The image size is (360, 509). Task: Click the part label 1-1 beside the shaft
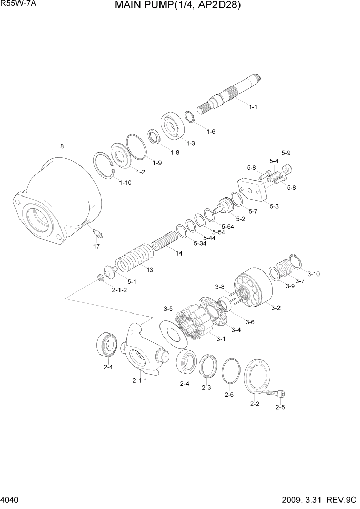coord(253,107)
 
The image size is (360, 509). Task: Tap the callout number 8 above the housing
coord(62,146)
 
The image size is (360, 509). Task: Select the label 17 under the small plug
coord(96,247)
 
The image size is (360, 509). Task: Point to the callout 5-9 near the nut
coord(286,153)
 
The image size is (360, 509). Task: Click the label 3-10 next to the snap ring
coord(313,274)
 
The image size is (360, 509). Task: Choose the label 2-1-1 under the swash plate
coord(139,381)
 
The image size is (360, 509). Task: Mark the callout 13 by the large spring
coord(150,270)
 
